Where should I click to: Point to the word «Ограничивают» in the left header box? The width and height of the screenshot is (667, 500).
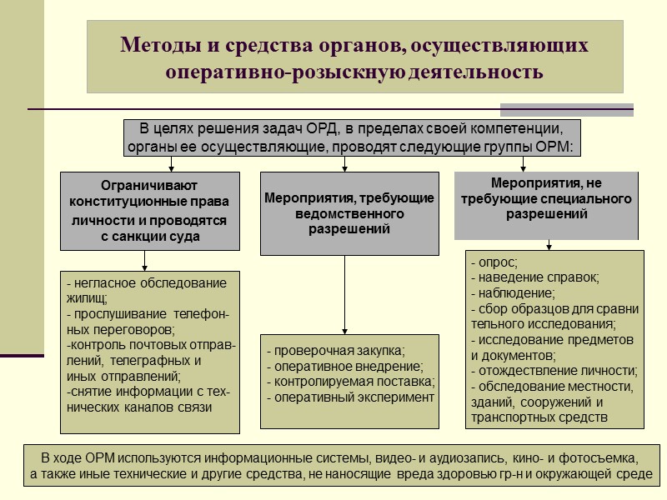149,185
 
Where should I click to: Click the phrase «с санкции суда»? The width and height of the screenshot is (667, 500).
150,237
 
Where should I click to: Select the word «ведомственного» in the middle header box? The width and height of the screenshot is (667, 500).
349,213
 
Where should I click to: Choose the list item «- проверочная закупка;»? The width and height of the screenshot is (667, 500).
335,350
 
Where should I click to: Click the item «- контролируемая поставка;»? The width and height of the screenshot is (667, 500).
351,382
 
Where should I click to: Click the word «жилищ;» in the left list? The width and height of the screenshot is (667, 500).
87,298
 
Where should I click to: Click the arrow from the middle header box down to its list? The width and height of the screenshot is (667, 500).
344,292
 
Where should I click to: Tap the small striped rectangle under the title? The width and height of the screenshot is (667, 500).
566,109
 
